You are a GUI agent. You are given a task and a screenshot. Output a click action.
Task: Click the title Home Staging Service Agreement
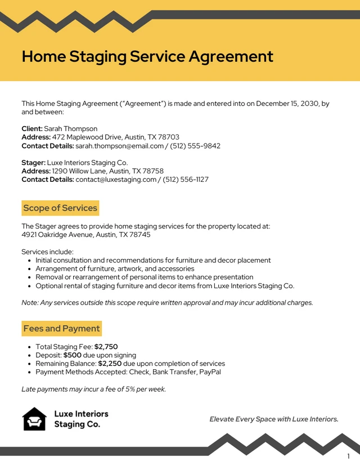pos(147,56)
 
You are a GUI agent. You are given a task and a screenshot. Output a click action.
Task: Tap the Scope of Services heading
pos(60,208)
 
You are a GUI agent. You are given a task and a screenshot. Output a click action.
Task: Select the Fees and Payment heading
pos(61,329)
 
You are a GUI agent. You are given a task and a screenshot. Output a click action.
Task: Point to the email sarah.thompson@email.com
pos(120,146)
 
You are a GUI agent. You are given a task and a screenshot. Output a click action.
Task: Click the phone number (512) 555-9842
pos(195,146)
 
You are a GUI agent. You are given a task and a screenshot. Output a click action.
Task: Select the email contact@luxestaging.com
pos(116,180)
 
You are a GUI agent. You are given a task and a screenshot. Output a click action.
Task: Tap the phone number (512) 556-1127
pos(186,180)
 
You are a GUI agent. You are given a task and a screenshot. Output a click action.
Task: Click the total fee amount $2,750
pos(106,347)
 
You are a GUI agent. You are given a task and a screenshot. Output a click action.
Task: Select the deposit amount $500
pos(73,356)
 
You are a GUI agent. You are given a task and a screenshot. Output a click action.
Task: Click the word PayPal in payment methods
pos(209,372)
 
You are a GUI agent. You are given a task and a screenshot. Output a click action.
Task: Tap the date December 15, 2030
pos(287,104)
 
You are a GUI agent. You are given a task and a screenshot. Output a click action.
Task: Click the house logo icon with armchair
pos(34,419)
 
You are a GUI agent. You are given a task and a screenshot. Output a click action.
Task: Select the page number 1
pos(348,456)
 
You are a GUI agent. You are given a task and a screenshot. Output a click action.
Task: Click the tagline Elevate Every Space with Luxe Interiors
pos(274,419)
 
